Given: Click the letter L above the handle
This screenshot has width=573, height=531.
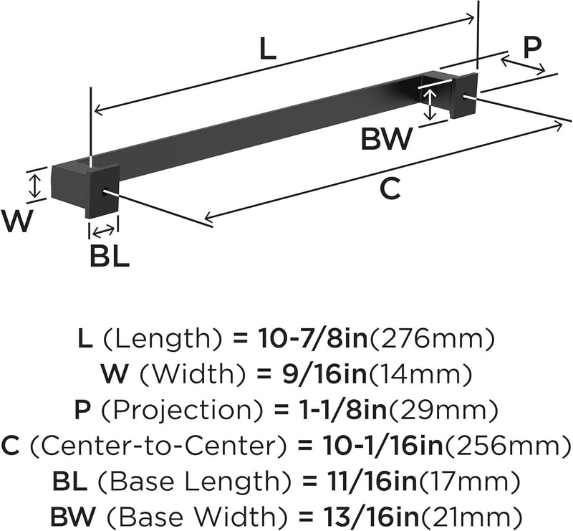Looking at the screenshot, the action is tap(267, 49).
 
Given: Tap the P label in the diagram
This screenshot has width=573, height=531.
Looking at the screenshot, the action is tap(532, 47).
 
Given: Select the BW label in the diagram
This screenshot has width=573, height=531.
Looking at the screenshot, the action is tap(387, 138).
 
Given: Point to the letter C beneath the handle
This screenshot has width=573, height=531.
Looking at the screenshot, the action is tap(390, 188).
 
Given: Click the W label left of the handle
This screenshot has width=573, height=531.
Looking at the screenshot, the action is tap(16, 221).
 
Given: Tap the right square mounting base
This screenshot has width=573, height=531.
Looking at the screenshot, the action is tap(463, 95).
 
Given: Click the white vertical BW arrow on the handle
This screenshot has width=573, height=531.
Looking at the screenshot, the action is tap(430, 104).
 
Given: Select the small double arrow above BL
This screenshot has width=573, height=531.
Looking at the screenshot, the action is tap(103, 231).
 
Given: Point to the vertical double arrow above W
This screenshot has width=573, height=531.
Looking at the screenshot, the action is tap(34, 185).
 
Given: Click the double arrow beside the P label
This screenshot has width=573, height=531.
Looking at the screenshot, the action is tap(523, 64).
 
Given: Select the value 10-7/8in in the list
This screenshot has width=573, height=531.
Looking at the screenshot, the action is tap(313, 338).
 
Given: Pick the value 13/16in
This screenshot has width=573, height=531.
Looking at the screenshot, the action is tap(370, 517).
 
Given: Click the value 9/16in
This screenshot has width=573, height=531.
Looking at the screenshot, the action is tap(324, 374).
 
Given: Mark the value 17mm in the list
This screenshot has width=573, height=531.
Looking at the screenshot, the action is tap(468, 482).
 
